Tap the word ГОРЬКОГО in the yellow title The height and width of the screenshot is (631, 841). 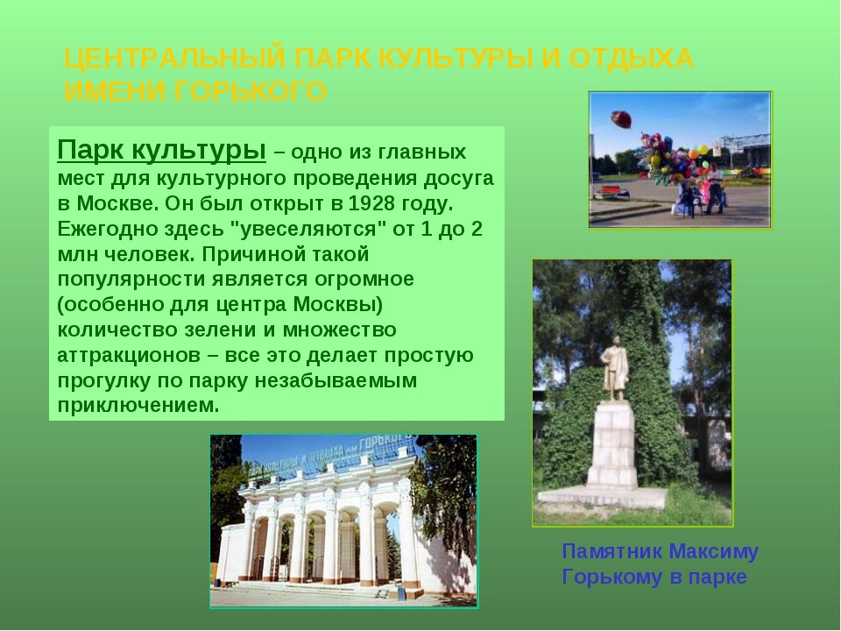coord(251,91)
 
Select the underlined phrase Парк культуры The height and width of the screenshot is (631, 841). coord(161,150)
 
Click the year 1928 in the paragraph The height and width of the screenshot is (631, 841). coord(369,203)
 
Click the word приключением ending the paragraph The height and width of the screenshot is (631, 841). coord(138,406)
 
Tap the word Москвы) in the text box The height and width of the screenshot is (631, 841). coord(338,305)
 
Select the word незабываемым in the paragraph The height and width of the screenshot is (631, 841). coord(336,380)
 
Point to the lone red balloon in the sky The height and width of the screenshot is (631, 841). coord(622,119)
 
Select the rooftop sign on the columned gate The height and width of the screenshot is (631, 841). coord(331,455)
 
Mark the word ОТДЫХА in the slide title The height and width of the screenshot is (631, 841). coord(632,59)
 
